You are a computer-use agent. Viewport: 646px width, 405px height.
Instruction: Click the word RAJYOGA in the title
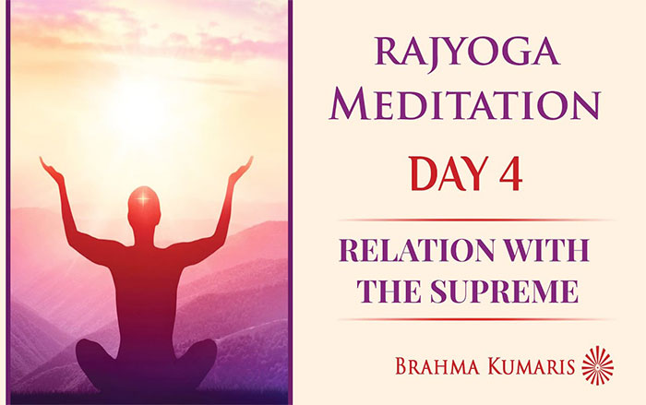[x=467, y=53]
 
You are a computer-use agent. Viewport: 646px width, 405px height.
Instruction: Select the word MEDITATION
[x=465, y=103]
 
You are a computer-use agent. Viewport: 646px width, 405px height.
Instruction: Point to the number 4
[x=511, y=173]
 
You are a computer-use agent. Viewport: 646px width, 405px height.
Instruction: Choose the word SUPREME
[x=504, y=291]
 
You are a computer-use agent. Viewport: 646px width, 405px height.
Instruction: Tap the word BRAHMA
[x=437, y=366]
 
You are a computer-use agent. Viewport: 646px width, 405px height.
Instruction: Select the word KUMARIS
[x=531, y=366]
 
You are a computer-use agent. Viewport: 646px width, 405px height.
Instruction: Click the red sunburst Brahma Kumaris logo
[x=597, y=365]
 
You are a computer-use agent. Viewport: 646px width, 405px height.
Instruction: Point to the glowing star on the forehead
[x=143, y=199]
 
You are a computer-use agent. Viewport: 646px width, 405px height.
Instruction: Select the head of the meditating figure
[x=144, y=208]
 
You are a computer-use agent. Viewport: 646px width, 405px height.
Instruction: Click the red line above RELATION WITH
[x=476, y=220]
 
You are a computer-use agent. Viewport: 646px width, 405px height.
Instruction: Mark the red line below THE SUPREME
[x=476, y=319]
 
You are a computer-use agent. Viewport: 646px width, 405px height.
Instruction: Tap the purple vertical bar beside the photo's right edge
[x=290, y=202]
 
